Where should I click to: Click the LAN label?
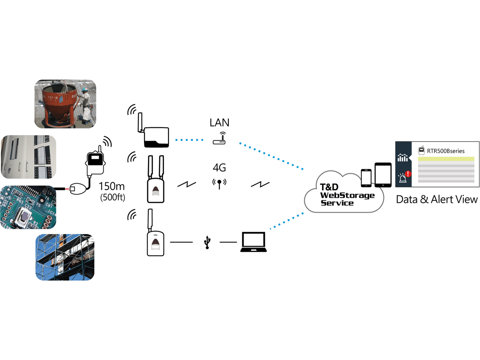219,122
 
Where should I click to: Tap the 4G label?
219,168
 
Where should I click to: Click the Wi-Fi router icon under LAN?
219,138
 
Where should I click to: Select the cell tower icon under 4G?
219,184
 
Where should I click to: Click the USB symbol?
207,242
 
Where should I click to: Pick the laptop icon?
254,242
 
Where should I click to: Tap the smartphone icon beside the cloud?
366,178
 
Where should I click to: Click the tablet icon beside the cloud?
383,175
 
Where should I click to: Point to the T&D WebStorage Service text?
347,195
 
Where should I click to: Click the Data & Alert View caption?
437,199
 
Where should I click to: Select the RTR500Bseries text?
446,151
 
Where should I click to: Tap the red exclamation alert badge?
408,174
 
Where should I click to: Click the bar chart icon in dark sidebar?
402,158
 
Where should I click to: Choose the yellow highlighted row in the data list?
446,159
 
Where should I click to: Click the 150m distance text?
112,186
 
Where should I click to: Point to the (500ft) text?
113,197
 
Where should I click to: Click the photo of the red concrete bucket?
65,104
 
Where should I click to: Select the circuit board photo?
28,207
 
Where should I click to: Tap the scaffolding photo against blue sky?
65,257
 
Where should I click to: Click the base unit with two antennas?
156,179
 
